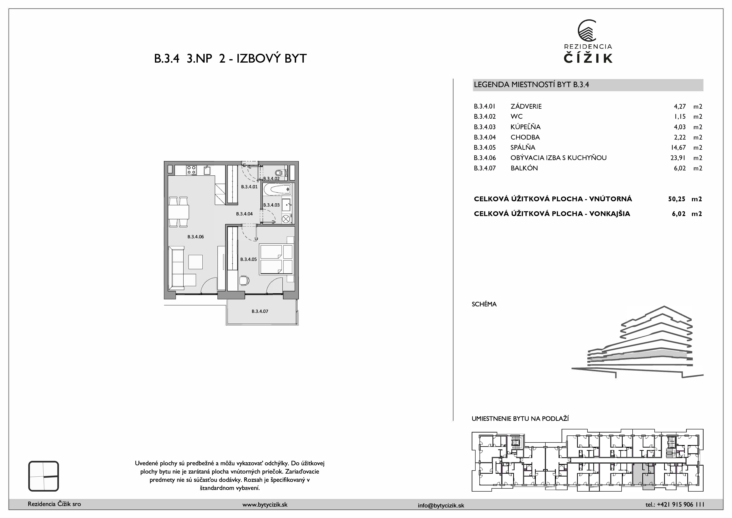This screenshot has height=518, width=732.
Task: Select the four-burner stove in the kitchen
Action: pyautogui.click(x=191, y=170)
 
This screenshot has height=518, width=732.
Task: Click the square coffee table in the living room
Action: pyautogui.click(x=196, y=262)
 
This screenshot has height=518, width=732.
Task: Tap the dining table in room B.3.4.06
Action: pyautogui.click(x=179, y=212)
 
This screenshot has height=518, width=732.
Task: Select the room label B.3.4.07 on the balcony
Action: pyautogui.click(x=260, y=311)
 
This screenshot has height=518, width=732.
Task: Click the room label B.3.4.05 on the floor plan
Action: pyautogui.click(x=248, y=259)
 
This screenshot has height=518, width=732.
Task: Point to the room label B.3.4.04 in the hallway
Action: pyautogui.click(x=244, y=214)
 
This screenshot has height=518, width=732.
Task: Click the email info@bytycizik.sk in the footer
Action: pyautogui.click(x=441, y=505)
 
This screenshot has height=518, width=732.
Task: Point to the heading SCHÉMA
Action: pyautogui.click(x=484, y=304)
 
